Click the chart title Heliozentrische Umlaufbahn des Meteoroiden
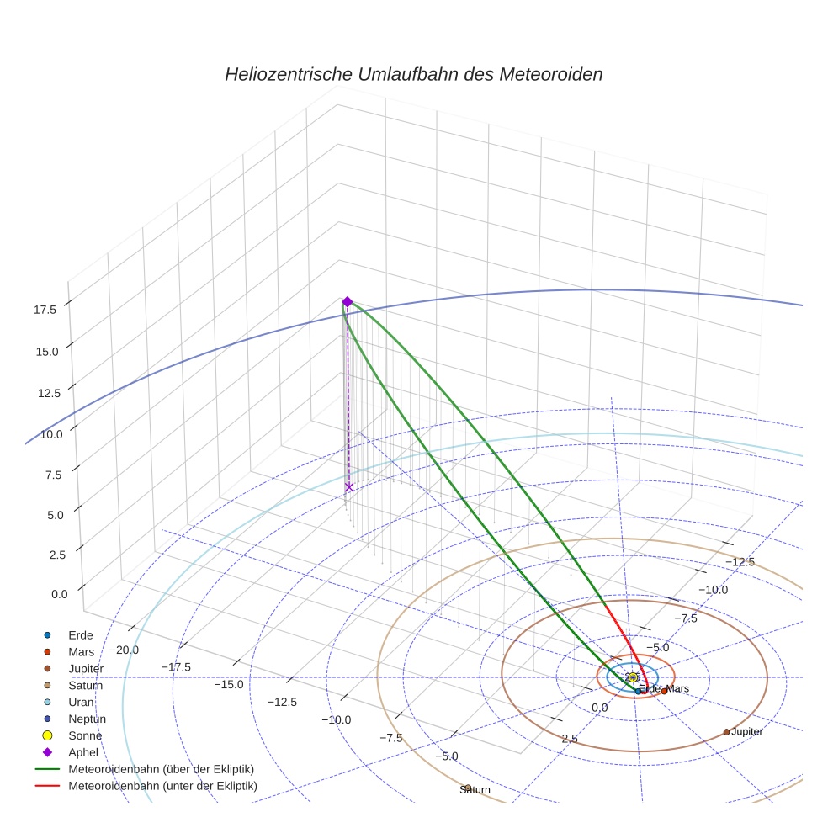(x=413, y=74)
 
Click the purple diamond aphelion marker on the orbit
(x=347, y=302)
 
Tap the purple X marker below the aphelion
(x=349, y=487)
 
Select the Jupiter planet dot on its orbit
(x=726, y=732)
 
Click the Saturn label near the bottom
(x=475, y=789)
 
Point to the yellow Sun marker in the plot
(x=633, y=677)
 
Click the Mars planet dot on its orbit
(x=664, y=691)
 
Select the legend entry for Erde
(x=81, y=635)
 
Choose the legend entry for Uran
(x=81, y=702)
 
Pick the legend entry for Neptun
(x=87, y=719)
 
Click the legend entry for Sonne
(x=85, y=735)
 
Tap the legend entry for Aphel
(x=83, y=752)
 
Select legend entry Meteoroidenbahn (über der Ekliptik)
(x=161, y=769)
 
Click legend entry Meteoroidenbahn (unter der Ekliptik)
(x=162, y=786)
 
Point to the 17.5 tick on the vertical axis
(x=45, y=310)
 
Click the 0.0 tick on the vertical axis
(x=59, y=594)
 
